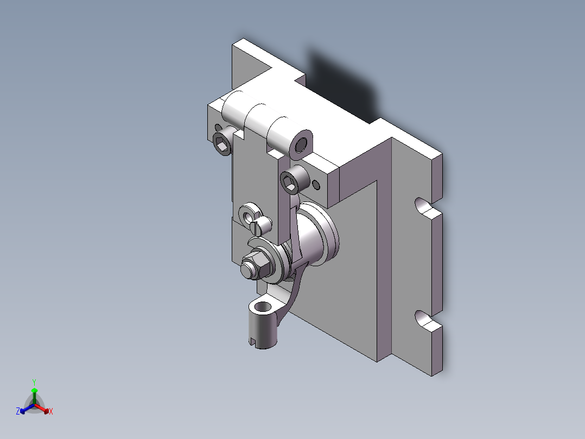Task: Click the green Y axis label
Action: (x=34, y=382)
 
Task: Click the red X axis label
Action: (x=50, y=411)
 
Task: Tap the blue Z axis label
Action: (x=18, y=411)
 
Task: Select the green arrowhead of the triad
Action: (x=34, y=391)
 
